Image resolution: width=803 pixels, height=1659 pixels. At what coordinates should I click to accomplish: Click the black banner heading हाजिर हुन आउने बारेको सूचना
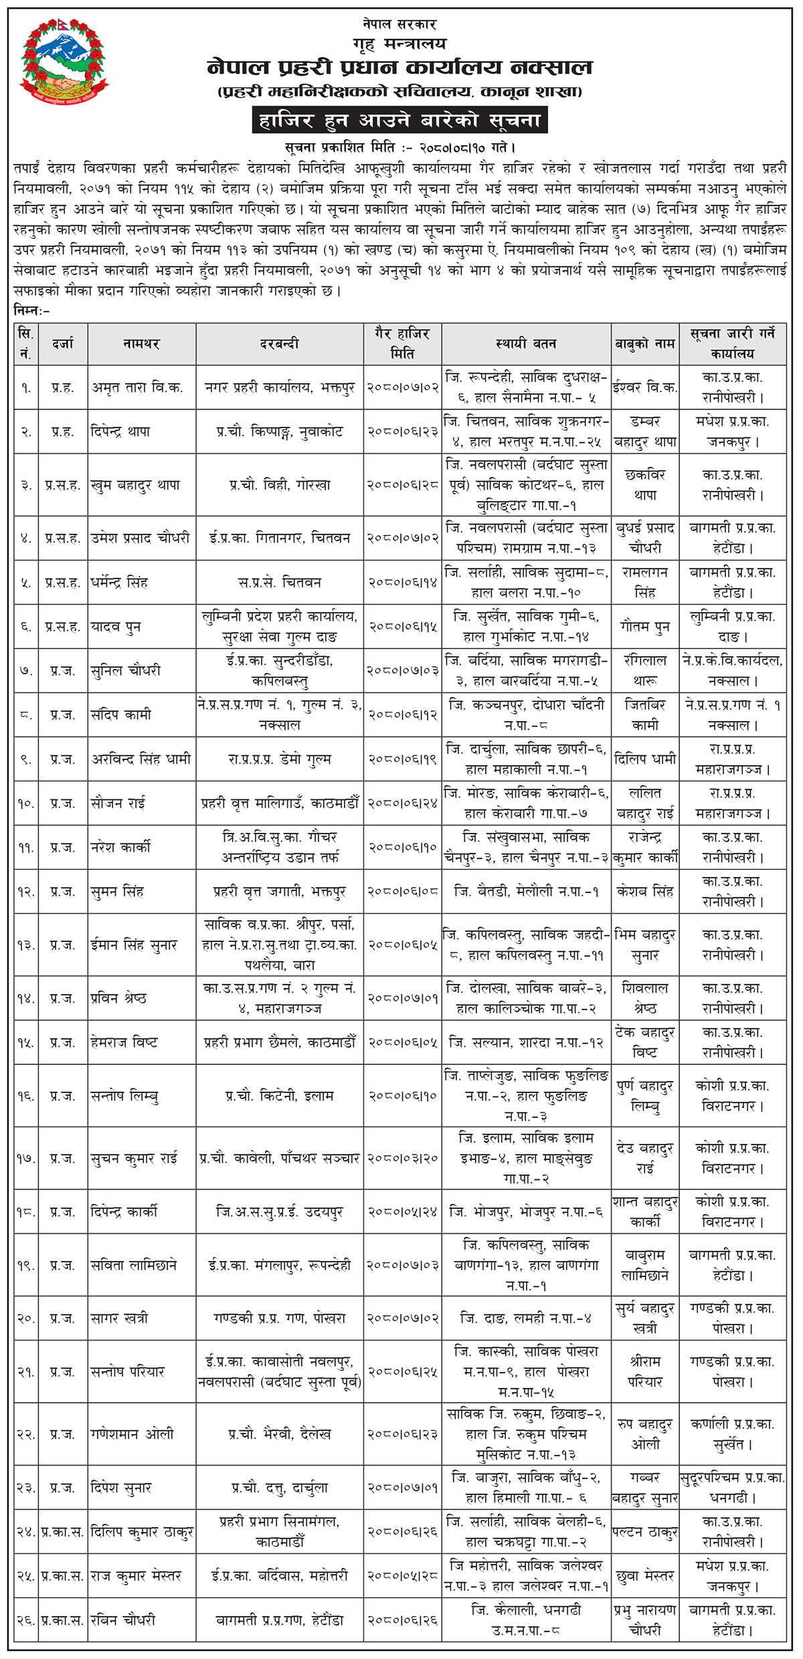399,121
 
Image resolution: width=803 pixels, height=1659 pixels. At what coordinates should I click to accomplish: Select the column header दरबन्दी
279,344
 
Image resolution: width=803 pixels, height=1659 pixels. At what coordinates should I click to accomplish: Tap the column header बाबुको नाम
644,344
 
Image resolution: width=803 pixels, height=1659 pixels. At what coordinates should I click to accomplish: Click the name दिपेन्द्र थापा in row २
120,431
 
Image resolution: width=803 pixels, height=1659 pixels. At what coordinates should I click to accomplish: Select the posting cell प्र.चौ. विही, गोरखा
279,485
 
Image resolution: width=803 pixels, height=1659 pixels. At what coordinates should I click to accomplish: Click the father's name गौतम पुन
644,627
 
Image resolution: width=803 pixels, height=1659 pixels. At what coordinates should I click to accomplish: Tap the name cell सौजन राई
118,803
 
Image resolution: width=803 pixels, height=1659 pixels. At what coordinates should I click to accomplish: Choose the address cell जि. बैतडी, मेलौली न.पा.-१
526,892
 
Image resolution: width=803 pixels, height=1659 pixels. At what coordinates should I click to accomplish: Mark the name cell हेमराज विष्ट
124,1042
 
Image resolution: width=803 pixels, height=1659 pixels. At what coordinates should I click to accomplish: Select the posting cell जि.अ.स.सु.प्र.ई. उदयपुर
279,1211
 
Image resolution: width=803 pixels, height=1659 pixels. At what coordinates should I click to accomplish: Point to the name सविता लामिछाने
134,1265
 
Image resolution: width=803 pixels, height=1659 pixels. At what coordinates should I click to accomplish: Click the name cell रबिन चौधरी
123,1620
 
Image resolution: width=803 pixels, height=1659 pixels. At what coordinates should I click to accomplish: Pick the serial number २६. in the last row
26,1620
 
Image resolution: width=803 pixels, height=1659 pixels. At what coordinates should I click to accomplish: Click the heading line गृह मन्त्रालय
399,44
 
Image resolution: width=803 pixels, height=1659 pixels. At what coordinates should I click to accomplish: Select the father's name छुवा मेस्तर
644,1575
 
